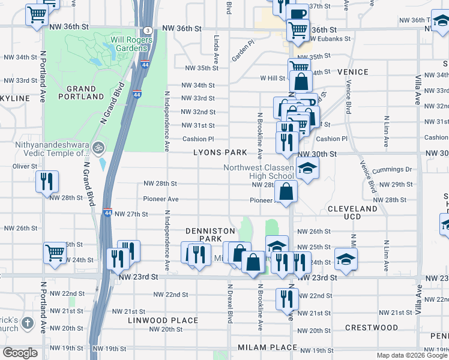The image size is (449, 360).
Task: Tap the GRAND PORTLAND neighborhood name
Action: pyautogui.click(x=81, y=92)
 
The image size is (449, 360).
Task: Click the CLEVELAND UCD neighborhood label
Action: pyautogui.click(x=352, y=212)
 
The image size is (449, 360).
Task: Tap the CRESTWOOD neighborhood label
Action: pyautogui.click(x=372, y=328)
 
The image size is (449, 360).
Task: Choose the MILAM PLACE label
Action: pyautogui.click(x=267, y=347)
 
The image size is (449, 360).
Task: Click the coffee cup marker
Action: pyautogui.click(x=297, y=14)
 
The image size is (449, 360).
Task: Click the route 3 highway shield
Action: pyautogui.click(x=147, y=31)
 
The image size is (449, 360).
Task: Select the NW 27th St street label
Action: pyautogui.click(x=131, y=214)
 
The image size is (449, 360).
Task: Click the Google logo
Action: pyautogui.click(x=20, y=353)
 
